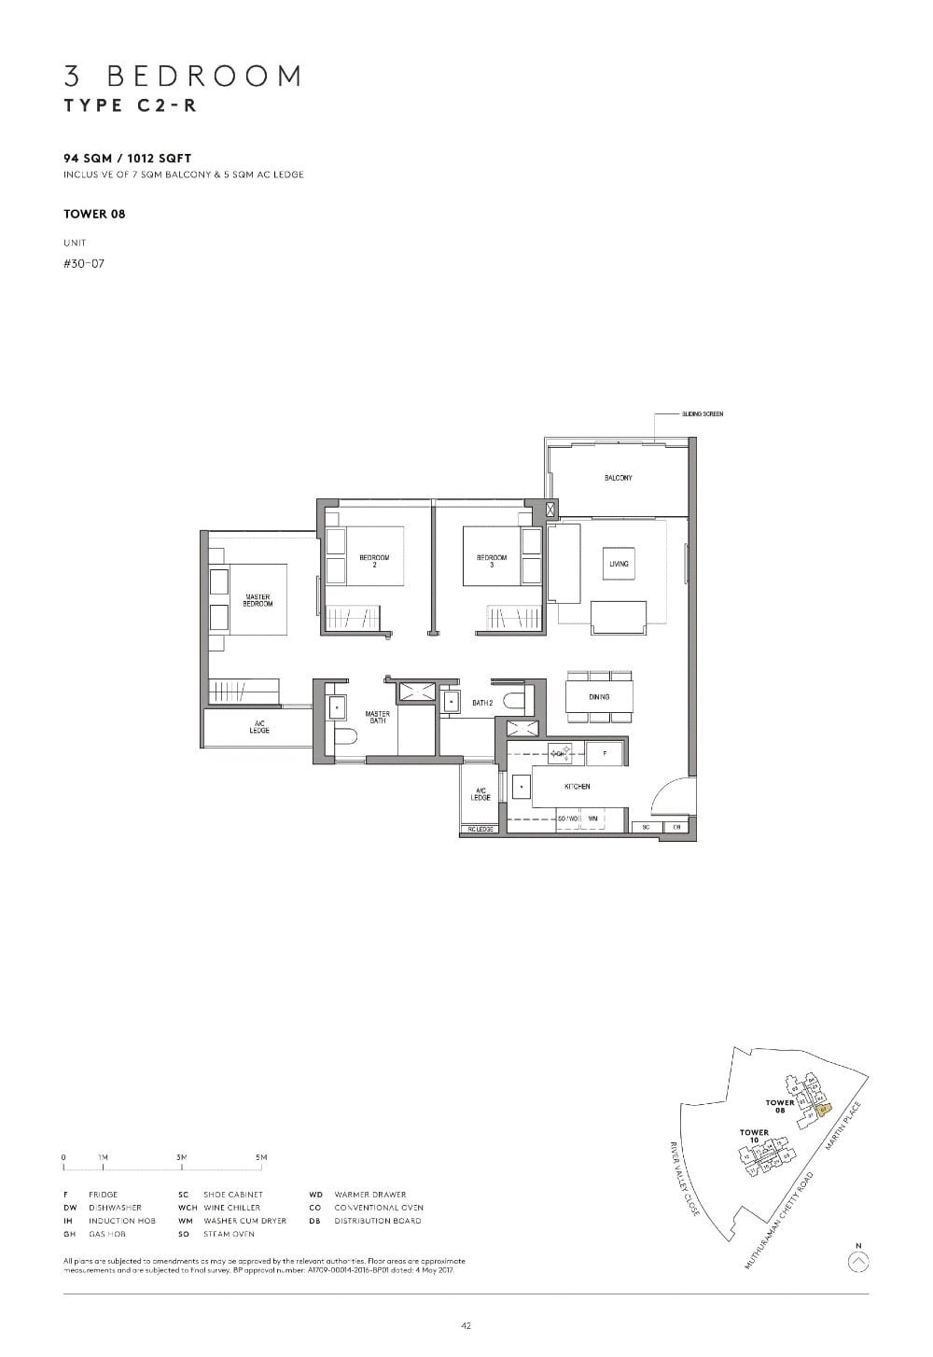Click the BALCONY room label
(618, 478)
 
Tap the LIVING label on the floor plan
(619, 564)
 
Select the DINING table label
(599, 697)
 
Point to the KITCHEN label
(578, 787)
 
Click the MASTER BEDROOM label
(258, 600)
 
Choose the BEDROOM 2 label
(374, 560)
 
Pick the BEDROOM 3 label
(492, 560)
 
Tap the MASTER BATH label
(378, 717)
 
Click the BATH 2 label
(481, 703)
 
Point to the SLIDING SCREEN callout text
(703, 413)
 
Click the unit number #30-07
(84, 263)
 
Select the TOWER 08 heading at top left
(94, 214)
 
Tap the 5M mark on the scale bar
(261, 1157)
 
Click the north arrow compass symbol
(859, 1262)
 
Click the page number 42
(466, 1325)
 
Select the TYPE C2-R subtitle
(130, 105)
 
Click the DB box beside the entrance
(676, 827)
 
